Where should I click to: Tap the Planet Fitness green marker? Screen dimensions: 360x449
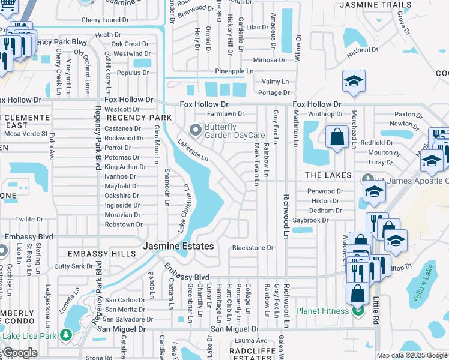coord(358,311)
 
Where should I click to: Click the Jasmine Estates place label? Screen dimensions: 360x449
coord(178,247)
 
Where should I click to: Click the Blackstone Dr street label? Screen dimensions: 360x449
coord(253,247)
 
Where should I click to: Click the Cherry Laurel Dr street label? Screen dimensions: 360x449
coord(105,20)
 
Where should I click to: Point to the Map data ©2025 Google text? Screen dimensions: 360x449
coord(411,355)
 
